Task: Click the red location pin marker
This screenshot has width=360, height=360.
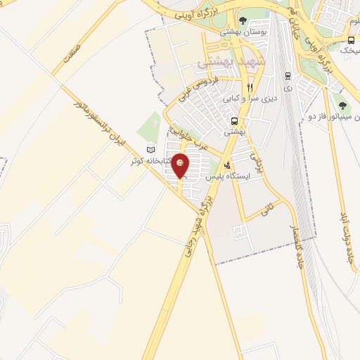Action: coord(181,165)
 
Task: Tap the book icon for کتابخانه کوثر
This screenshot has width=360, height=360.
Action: coord(149,150)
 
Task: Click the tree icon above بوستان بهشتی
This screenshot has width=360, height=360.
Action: coord(243,20)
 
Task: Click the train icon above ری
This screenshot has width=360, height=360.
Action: coord(288,76)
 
